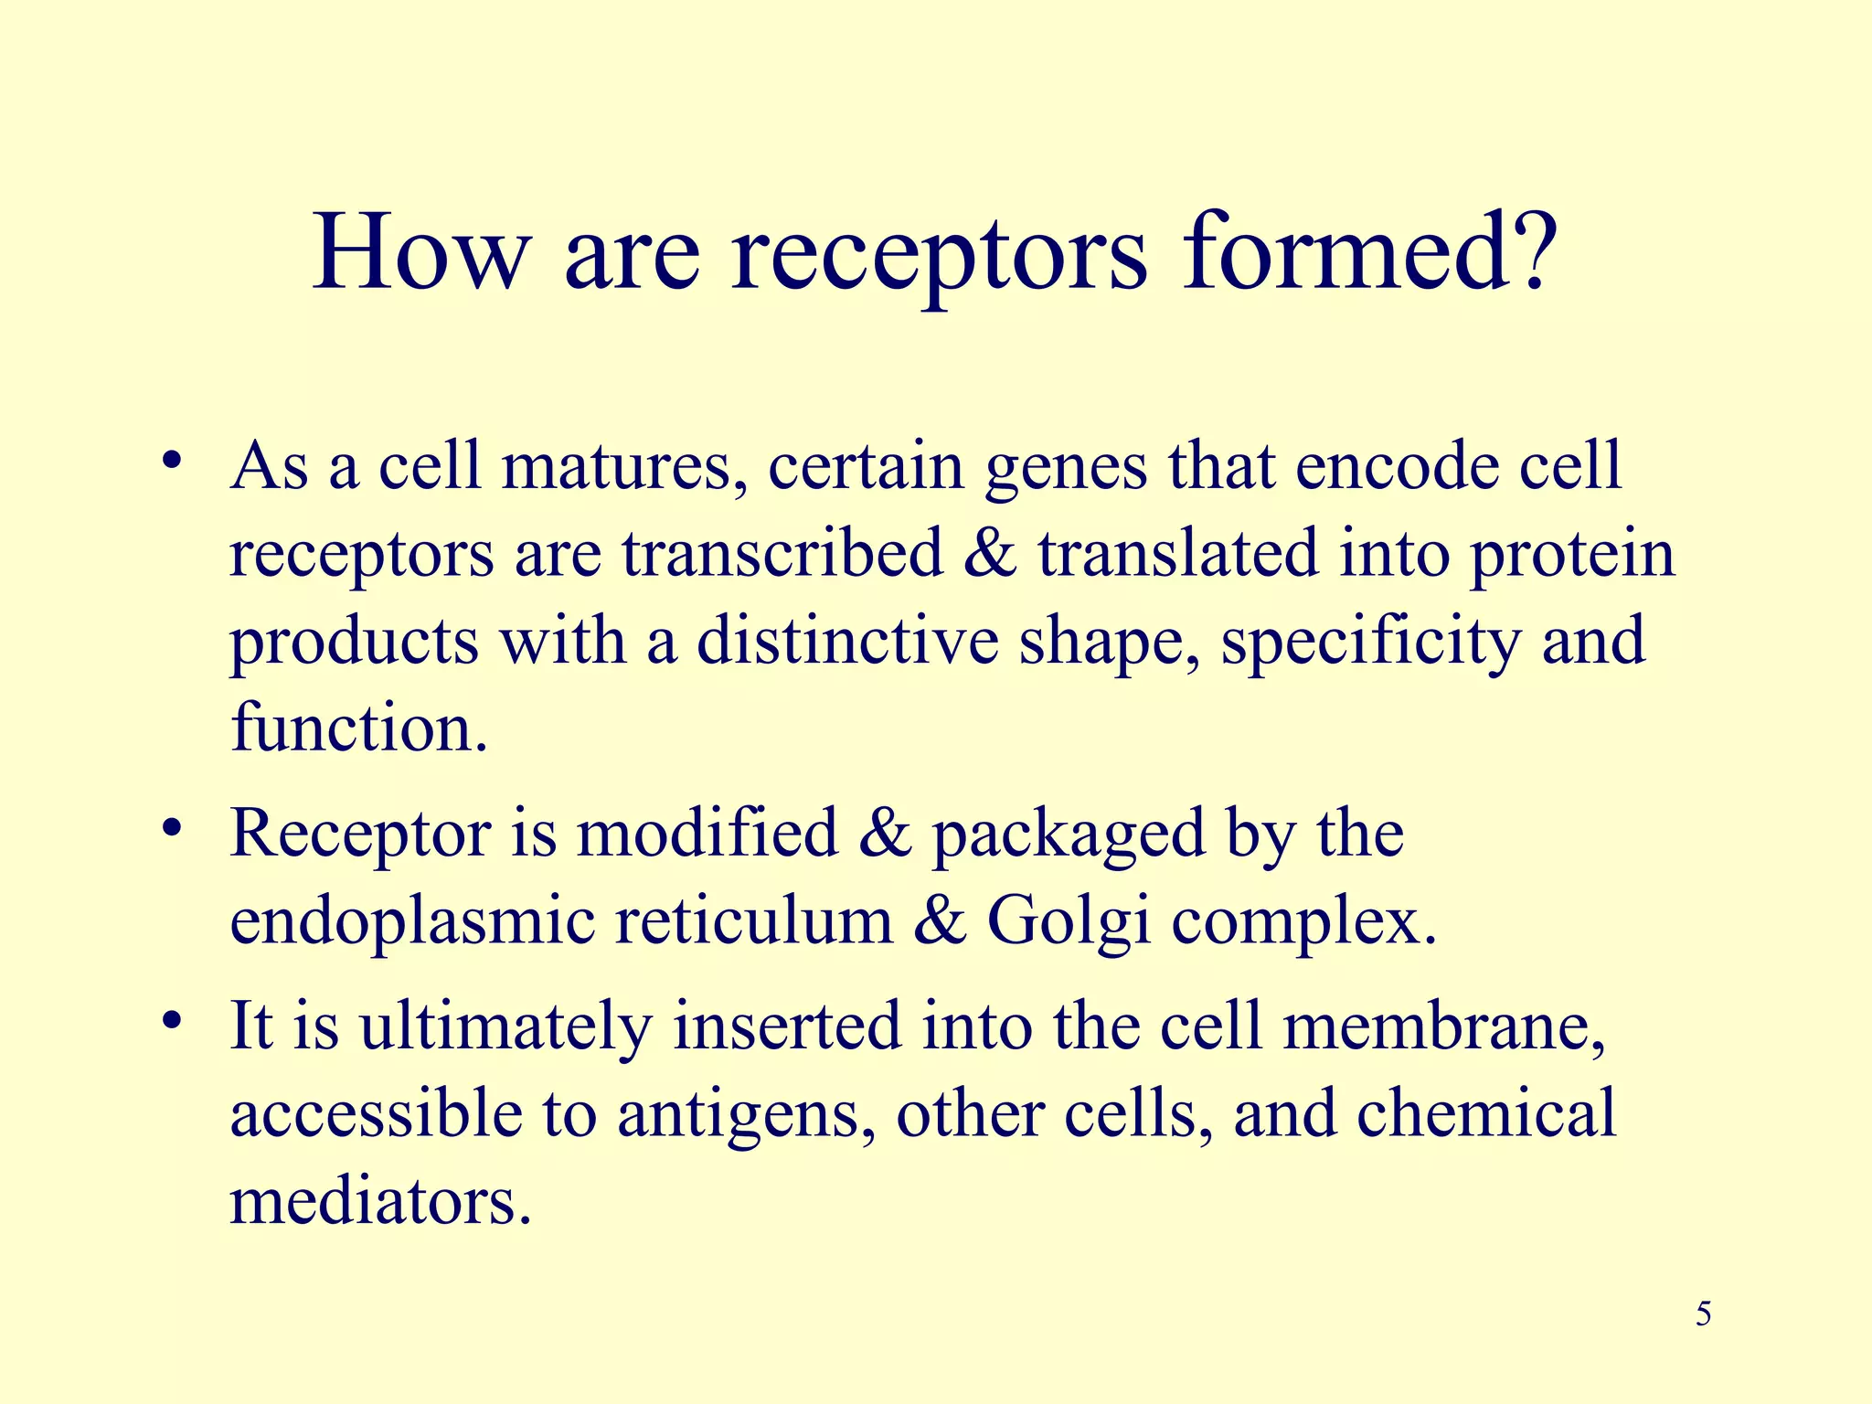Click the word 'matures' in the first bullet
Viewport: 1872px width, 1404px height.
click(x=626, y=466)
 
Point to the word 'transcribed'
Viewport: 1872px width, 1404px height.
click(x=782, y=554)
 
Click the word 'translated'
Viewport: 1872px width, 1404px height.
click(x=1178, y=554)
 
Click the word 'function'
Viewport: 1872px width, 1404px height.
click(x=353, y=729)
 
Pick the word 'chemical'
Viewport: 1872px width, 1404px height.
click(x=1486, y=1113)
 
